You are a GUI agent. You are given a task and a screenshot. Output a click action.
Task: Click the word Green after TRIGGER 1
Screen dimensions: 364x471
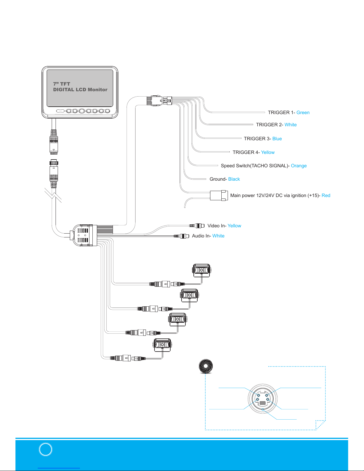pos(303,113)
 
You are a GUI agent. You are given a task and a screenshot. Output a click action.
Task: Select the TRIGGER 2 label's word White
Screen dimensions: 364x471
pos(291,125)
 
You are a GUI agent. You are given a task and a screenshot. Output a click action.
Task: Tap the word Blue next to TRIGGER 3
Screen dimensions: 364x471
pos(277,138)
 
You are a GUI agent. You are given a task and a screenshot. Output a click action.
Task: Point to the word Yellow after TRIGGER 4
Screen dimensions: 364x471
pos(268,152)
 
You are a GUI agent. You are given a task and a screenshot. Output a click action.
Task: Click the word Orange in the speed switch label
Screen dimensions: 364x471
pos(299,166)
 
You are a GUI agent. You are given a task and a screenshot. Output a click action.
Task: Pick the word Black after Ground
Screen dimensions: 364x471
pos(234,179)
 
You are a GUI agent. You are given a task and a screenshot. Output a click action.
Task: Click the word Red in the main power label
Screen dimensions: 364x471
pos(326,196)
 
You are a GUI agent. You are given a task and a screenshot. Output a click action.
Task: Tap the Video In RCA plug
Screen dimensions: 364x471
pos(197,226)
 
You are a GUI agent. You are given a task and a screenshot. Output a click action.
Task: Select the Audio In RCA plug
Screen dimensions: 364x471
pos(182,236)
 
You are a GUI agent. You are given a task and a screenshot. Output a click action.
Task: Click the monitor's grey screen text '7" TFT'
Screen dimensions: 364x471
pos(62,84)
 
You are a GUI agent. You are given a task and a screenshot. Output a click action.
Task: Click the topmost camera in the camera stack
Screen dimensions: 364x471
pos(201,270)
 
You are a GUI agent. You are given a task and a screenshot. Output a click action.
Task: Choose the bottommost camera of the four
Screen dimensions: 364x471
pos(162,345)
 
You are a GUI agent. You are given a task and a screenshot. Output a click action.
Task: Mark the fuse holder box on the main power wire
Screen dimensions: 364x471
pos(219,196)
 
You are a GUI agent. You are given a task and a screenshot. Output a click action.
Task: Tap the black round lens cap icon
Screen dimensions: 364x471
pos(206,366)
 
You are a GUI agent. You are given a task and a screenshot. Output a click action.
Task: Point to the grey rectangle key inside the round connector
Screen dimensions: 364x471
pos(263,403)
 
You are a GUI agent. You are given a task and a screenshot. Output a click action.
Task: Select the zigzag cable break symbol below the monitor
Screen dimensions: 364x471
pos(53,195)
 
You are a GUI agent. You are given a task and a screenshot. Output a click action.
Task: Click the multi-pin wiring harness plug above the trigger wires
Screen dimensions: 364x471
pos(159,101)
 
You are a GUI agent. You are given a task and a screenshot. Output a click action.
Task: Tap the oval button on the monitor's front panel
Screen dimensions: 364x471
pos(60,111)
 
